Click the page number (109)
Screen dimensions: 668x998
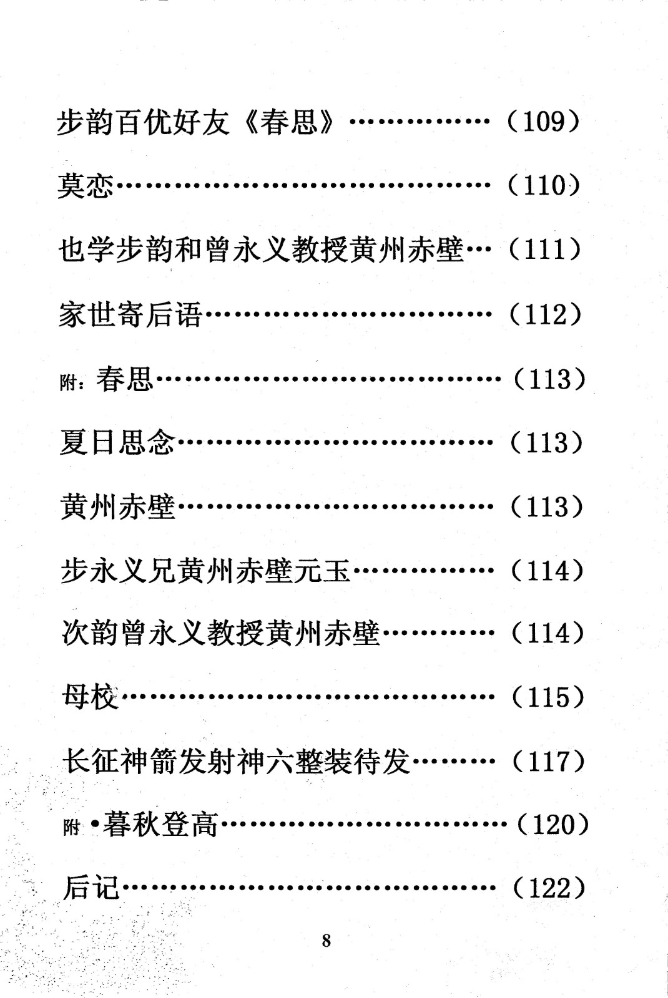click(x=544, y=122)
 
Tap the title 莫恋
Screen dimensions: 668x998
click(x=86, y=186)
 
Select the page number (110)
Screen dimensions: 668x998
click(x=544, y=185)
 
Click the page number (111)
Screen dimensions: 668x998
click(x=544, y=249)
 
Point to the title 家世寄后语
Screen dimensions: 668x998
click(x=130, y=314)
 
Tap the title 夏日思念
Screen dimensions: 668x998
click(x=117, y=443)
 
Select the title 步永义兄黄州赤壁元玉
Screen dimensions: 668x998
click(x=205, y=571)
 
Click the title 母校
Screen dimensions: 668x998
click(x=90, y=698)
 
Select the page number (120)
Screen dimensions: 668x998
click(x=553, y=825)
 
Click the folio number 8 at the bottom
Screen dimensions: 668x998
click(x=327, y=941)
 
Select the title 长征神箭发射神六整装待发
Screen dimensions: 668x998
click(x=236, y=762)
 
